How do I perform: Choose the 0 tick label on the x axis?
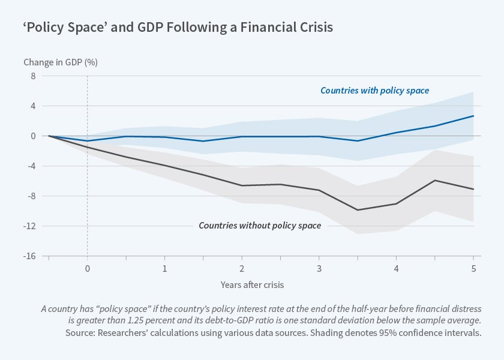pyautogui.click(x=88, y=268)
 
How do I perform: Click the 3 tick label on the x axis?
pyautogui.click(x=319, y=268)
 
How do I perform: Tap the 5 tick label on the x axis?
pyautogui.click(x=473, y=268)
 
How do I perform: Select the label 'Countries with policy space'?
pyautogui.click(x=374, y=91)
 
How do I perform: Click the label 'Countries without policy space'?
pyautogui.click(x=260, y=226)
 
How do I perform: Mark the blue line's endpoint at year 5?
pyautogui.click(x=473, y=116)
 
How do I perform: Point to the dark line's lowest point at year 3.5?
pyautogui.click(x=358, y=210)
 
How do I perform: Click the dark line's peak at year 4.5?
pyautogui.click(x=434, y=180)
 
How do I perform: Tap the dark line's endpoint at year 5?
pyautogui.click(x=473, y=190)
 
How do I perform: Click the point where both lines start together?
pyautogui.click(x=49, y=136)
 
